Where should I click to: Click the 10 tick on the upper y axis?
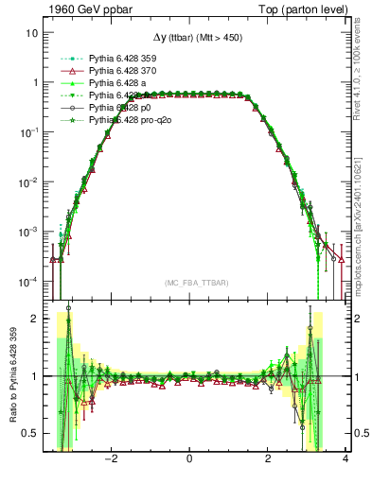coord(31,32)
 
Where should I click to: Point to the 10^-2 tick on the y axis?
coord(27,181)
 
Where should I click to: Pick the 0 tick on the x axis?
coord(190,458)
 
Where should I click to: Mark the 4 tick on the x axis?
coord(345,458)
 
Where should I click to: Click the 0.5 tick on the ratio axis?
coord(30,434)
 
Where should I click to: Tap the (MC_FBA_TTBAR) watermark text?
coord(190,283)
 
